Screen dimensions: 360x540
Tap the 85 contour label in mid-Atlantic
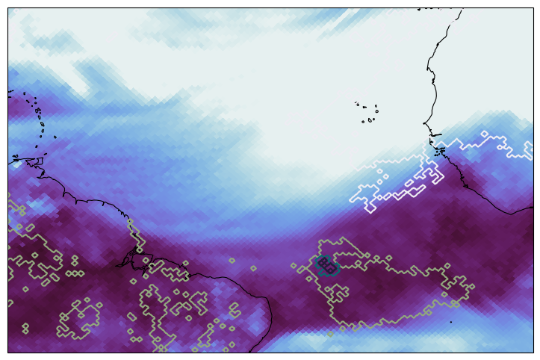(x=326, y=264)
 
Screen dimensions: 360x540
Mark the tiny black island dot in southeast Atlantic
(x=450, y=322)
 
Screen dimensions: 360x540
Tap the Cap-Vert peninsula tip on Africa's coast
(x=423, y=124)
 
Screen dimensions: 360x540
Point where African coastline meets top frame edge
(x=462, y=9)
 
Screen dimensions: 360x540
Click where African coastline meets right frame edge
(x=533, y=208)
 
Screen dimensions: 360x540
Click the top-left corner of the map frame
(x=8, y=9)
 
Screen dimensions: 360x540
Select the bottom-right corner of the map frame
(x=533, y=352)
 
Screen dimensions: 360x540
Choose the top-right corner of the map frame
(x=533, y=9)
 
